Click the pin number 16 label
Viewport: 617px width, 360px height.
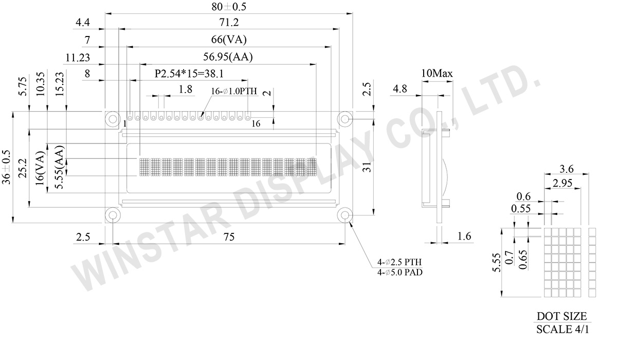click(256, 124)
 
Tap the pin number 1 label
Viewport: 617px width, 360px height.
click(124, 124)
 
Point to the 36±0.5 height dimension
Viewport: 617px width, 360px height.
click(6, 168)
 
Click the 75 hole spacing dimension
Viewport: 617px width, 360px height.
click(229, 237)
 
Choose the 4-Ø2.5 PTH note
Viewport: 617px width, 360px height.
click(399, 262)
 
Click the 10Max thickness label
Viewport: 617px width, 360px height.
click(437, 74)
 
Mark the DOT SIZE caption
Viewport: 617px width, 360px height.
click(561, 316)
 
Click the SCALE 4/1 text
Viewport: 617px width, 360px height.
click(561, 329)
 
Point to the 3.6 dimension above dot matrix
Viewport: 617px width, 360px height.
click(566, 168)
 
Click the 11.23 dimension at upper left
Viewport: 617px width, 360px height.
click(78, 57)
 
